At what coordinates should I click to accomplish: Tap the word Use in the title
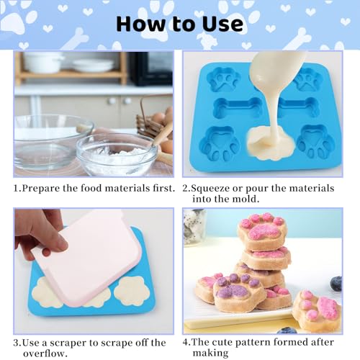(220, 24)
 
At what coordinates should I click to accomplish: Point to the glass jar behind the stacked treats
(194, 227)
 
